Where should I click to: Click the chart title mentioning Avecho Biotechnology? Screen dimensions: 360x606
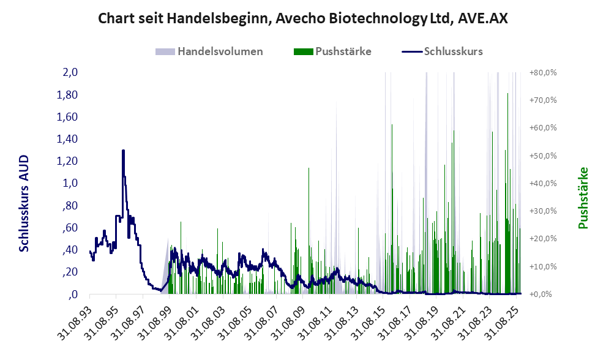click(303, 18)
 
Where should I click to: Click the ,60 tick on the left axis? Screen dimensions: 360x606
click(69, 228)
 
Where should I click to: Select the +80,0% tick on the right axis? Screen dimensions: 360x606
click(542, 72)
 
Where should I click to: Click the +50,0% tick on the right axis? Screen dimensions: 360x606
click(542, 156)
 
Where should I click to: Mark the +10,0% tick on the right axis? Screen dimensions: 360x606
click(542, 266)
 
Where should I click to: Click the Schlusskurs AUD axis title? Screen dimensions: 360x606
click(24, 203)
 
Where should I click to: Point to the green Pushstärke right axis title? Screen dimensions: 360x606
click(583, 198)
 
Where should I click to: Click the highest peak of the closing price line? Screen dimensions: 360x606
click(123, 151)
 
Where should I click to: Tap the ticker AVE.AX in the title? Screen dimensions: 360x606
click(480, 18)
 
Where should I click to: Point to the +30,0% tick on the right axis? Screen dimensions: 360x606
click(542, 211)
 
